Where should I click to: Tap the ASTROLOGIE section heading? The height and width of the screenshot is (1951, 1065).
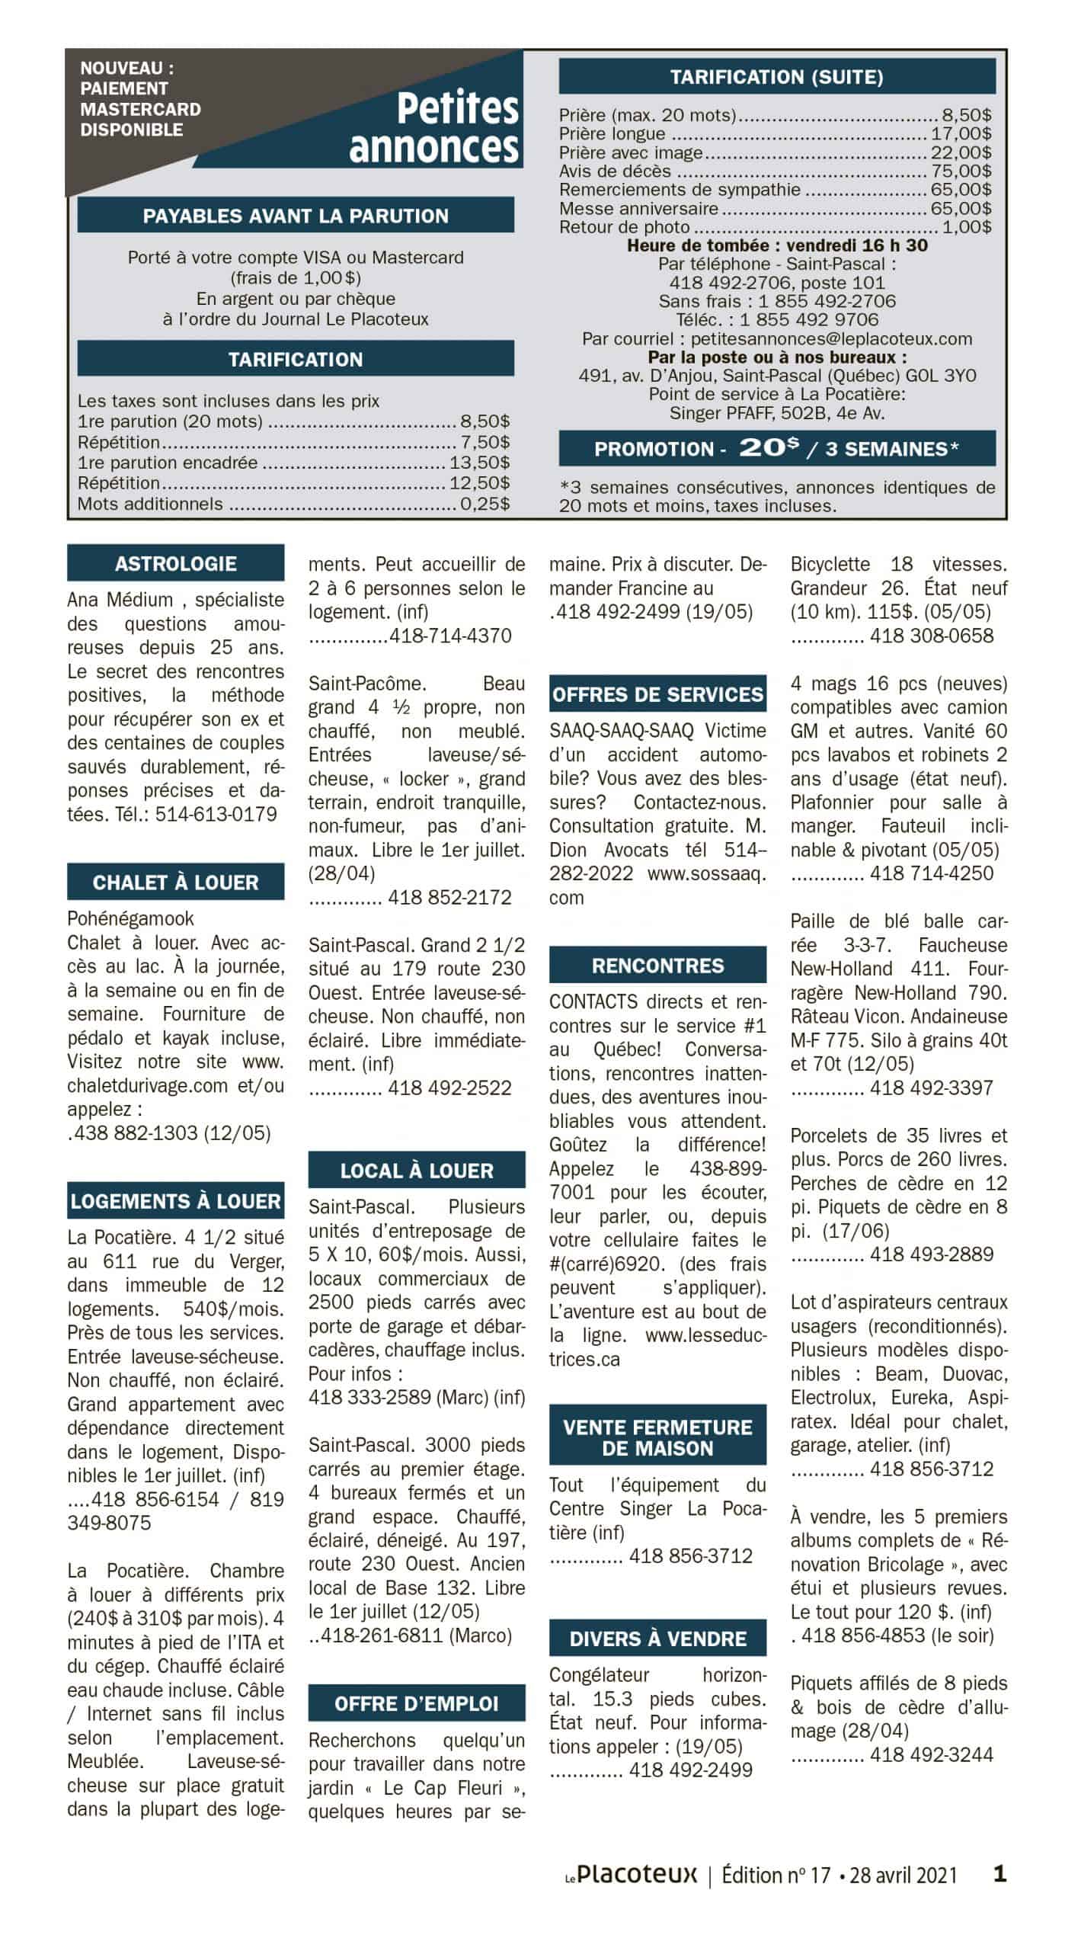pos(176,564)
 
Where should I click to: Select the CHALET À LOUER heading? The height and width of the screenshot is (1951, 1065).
pos(176,883)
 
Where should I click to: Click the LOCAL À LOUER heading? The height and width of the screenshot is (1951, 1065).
pos(417,1171)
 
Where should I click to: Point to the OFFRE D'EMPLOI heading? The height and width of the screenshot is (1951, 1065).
pos(417,1704)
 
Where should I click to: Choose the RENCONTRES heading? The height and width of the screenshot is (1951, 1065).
pos(658,966)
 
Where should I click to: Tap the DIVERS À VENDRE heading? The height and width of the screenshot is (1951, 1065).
pos(658,1639)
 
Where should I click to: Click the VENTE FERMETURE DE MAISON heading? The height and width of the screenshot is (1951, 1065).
pos(658,1438)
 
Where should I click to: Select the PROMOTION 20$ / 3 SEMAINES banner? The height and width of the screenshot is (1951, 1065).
pos(777,449)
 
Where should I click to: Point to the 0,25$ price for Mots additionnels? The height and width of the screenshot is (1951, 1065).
pos(485,504)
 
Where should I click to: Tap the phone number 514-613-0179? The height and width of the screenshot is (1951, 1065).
pos(216,815)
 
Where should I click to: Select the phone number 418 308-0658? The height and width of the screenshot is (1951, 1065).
pos(932,636)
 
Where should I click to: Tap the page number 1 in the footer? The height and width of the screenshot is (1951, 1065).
pos(1000,1873)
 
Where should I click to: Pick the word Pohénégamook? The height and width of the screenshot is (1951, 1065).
pos(131,919)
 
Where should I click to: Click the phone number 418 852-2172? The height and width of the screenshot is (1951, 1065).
pos(449,898)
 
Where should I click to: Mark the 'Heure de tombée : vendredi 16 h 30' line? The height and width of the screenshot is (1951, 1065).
pos(777,245)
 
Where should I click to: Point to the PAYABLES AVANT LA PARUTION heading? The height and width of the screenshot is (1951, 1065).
pos(296,216)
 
